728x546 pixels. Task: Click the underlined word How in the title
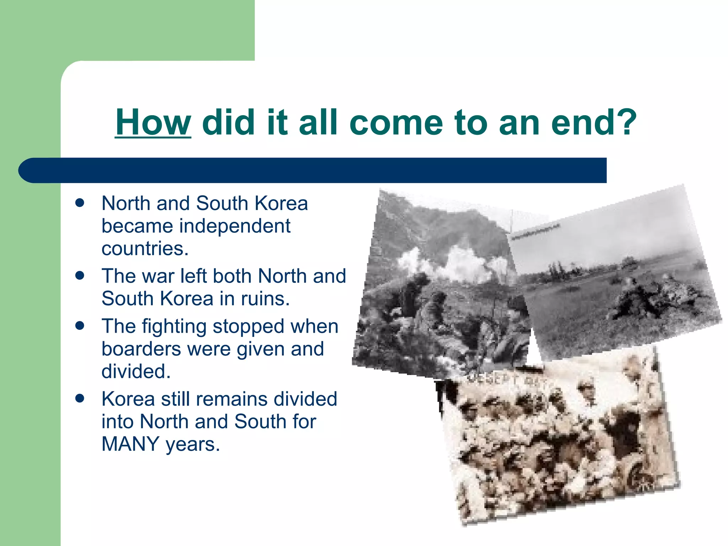[153, 122]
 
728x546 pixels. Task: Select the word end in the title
[580, 122]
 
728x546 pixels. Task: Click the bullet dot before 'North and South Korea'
[80, 203]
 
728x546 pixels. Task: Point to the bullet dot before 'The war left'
[80, 275]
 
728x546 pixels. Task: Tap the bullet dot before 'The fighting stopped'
[80, 326]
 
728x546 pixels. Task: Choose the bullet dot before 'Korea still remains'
[80, 398]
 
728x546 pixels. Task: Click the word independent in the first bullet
[235, 226]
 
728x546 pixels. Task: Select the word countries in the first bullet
[145, 248]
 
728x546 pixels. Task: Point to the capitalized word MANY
[130, 444]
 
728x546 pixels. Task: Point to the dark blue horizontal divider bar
[313, 170]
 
